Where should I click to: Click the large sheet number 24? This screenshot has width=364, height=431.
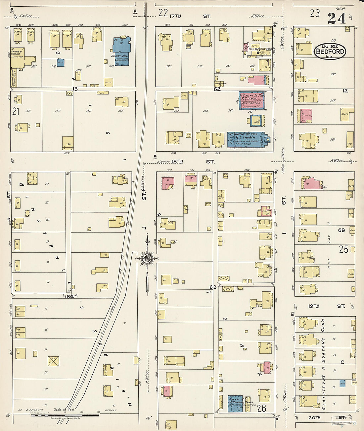tap(337, 18)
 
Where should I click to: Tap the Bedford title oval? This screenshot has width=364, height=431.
tap(330, 51)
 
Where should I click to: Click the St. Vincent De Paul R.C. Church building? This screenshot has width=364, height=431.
tap(247, 140)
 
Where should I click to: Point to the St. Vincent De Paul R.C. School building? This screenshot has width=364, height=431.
tap(252, 100)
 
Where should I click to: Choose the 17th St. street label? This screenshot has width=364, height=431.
tap(190, 16)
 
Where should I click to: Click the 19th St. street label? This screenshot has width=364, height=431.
tap(326, 306)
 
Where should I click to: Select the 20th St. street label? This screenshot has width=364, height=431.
tap(321, 418)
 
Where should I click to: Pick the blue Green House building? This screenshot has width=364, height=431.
tap(235, 404)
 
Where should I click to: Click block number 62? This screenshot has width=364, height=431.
tap(217, 89)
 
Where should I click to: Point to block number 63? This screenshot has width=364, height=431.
tap(213, 287)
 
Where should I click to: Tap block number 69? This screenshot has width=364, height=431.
tap(341, 230)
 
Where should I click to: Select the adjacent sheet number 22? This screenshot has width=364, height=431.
tap(163, 13)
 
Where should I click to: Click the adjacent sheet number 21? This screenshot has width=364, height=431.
tap(16, 112)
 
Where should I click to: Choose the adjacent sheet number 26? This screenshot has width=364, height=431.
tap(261, 408)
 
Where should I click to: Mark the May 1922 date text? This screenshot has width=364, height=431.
tap(329, 47)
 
